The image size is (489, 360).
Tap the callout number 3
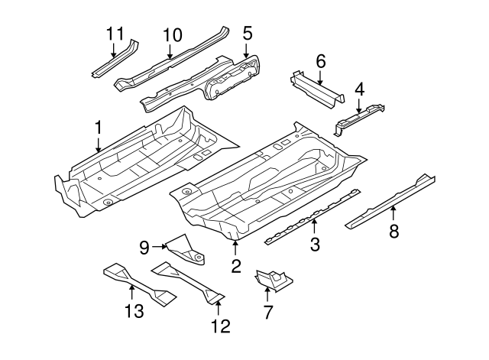point(315,244)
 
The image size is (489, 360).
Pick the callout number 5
point(247,33)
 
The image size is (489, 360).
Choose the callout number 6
point(320,60)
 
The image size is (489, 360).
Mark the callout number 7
point(267,311)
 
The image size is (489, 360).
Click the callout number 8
point(394,232)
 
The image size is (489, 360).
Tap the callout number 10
point(171,34)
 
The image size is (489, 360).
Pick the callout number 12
point(219,326)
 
